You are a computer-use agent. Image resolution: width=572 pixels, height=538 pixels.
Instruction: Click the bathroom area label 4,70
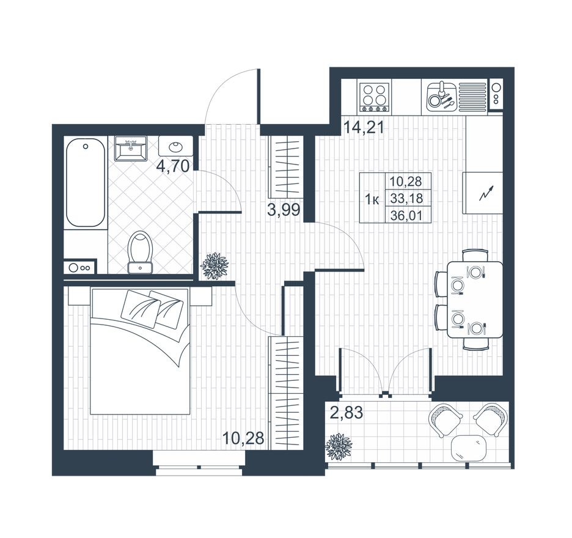pos(172,166)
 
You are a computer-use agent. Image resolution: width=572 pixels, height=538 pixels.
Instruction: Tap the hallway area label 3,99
pos(284,210)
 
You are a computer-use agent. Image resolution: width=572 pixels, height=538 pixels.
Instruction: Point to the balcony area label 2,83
pos(346,413)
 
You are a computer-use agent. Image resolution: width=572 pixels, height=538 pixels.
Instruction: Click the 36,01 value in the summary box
pos(406,216)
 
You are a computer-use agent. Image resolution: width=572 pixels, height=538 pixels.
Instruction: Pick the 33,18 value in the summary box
pos(406,199)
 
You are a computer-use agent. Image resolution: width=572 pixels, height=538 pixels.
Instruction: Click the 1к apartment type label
pos(372,199)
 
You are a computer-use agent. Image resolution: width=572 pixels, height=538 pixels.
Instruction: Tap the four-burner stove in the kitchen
pos(374,97)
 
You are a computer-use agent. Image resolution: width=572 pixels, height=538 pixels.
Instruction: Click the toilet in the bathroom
pos(140,252)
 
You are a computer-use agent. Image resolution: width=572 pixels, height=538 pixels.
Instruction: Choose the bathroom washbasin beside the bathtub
pos(131,148)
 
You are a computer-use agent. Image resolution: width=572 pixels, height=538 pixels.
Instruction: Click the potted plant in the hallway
pos(215,267)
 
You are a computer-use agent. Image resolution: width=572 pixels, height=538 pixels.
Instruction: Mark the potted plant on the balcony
pos(339,447)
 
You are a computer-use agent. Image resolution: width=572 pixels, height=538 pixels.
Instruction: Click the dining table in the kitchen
pos(475,300)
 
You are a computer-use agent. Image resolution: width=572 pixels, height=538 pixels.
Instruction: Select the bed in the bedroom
pos(140,351)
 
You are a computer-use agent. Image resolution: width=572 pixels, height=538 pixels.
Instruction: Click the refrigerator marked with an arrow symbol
pos(483,193)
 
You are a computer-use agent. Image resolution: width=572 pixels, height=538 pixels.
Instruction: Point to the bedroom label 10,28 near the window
pos(243,438)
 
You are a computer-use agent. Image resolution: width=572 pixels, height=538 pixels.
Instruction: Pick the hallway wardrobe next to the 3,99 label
pos(287,167)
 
